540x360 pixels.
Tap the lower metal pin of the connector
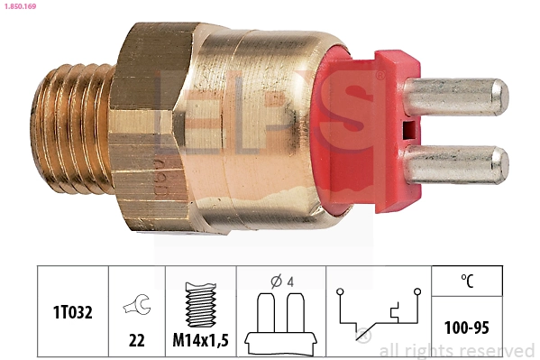coord(455,164)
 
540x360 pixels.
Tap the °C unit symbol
coord(467,280)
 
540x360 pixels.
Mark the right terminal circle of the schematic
coord(417,291)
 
